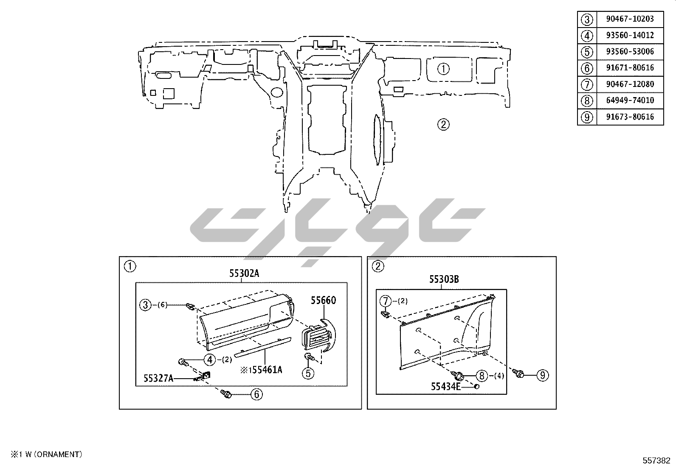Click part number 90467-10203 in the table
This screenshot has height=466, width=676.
point(630,19)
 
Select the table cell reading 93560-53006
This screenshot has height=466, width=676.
point(630,52)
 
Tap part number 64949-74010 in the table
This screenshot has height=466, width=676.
point(630,100)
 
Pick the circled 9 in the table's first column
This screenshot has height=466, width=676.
point(587,117)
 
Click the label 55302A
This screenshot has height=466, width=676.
point(244,273)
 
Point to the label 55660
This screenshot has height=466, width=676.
point(323,300)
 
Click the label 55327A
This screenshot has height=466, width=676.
point(158,378)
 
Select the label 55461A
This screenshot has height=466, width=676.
point(267,370)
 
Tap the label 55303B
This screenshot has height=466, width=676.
point(444,279)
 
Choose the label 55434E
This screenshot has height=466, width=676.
point(446,386)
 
